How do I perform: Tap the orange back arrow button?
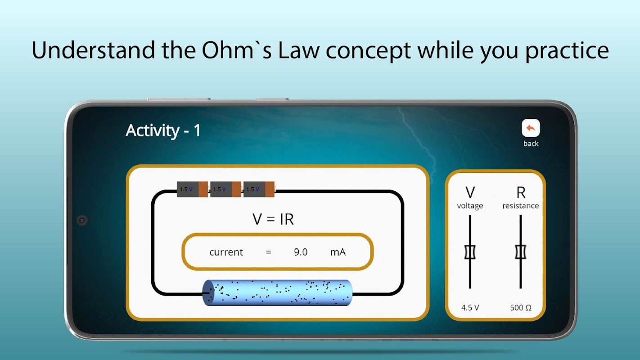pos(531,128)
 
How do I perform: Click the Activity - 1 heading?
pos(163,130)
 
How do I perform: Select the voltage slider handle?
pos(470,252)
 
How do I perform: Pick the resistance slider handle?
pos(521,252)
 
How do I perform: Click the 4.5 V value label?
pos(470,308)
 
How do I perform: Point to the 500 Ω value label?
pos(521,308)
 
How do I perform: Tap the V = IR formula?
pos(273,219)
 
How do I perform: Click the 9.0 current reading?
pos(301,252)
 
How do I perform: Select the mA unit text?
pos(338,252)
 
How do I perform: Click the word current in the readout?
pos(226,252)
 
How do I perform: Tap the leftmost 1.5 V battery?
pos(192,189)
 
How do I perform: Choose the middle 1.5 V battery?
pos(226,189)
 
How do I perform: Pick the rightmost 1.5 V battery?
pos(259,189)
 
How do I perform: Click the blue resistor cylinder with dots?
pos(277,293)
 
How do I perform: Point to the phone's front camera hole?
pos(82,220)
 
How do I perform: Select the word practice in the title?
pos(567,51)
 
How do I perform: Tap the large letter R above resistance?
pos(521,193)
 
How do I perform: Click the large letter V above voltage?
pos(470,193)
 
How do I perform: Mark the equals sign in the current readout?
pos(268,252)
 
